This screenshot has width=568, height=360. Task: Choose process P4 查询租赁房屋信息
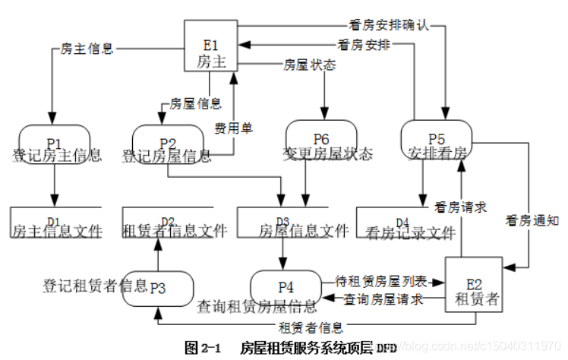pos(286,288)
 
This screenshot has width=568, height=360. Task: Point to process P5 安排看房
pos(436,141)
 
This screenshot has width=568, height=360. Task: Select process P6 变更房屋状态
pos(320,141)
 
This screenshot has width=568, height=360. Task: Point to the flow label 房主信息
pos(87,49)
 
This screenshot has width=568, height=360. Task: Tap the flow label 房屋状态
pos(309,65)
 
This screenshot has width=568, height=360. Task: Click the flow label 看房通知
pos(531,222)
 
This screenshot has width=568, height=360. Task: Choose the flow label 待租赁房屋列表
pos(382,282)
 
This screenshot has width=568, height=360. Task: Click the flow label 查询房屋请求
pos(383,299)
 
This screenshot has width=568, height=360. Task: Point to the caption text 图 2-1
pos(203,348)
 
